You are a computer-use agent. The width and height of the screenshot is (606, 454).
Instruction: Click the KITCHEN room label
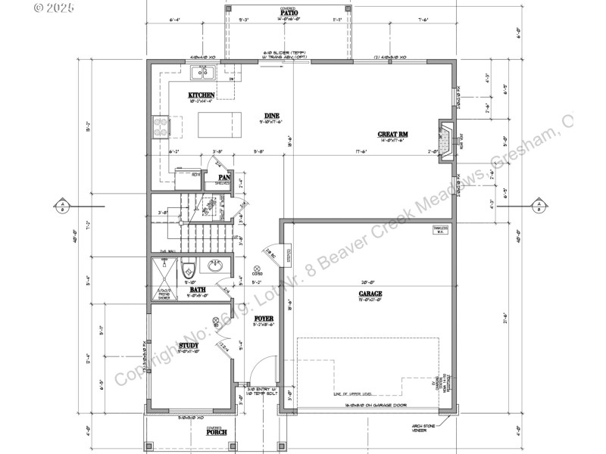[201, 95]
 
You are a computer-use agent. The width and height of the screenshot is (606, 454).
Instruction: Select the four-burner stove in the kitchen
[161, 126]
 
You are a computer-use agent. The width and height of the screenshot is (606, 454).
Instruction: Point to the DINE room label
[272, 116]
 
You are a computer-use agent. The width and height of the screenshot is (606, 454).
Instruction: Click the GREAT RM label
[392, 135]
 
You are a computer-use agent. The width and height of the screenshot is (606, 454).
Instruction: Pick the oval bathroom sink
[216, 266]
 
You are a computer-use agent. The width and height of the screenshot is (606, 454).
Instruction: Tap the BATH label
[198, 290]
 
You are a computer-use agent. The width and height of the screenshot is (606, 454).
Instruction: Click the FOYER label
[263, 319]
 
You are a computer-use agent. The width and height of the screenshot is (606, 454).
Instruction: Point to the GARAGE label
[370, 294]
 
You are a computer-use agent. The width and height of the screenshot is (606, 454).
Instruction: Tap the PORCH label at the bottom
[217, 433]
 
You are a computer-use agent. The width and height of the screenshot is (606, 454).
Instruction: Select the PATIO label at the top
[288, 13]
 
